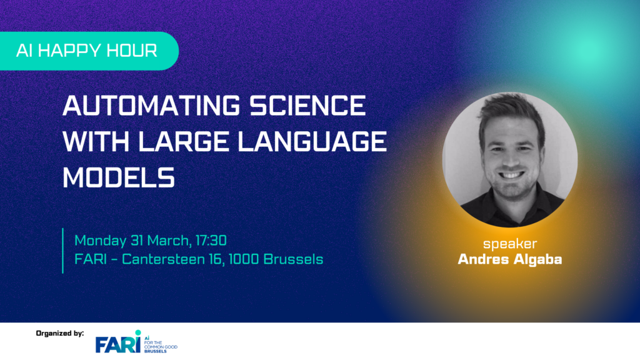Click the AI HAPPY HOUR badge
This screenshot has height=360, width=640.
[87, 51]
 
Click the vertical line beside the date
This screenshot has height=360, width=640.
[63, 250]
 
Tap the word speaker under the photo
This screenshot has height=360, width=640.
[510, 244]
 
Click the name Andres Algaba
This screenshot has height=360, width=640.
[510, 259]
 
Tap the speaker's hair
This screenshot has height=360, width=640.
[510, 109]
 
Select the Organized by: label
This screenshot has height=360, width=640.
[60, 334]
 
